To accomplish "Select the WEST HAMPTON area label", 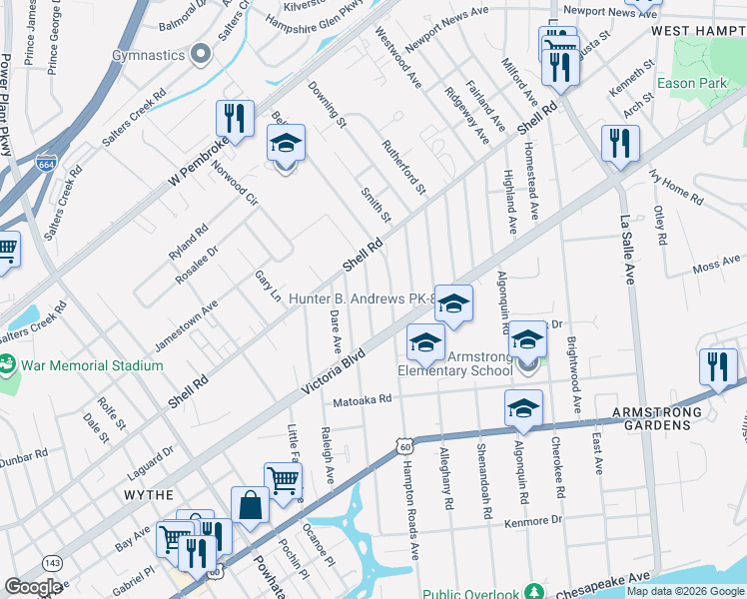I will [698, 32].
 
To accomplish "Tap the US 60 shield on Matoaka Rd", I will [403, 447].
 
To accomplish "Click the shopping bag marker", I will [250, 505].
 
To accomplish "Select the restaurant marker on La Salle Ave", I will [620, 144].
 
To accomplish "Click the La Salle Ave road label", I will [628, 251].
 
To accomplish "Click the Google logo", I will [35, 587].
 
